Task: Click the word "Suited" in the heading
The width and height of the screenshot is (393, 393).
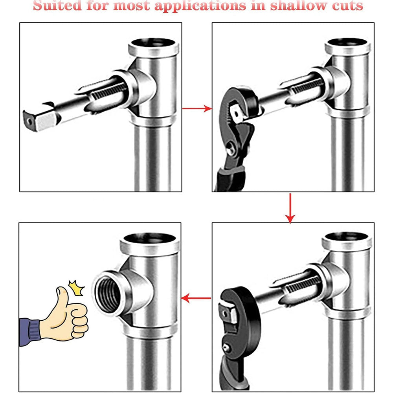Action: coord(57,5)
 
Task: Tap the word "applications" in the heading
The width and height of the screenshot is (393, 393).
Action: coord(200,6)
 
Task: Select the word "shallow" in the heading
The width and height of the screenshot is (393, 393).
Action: coord(299,5)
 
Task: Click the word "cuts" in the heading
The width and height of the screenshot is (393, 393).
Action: coord(348,6)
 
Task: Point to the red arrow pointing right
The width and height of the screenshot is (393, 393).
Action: coord(197,108)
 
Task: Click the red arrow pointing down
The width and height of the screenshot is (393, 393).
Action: coord(290,208)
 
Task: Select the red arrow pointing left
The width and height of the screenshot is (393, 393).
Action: coord(196,298)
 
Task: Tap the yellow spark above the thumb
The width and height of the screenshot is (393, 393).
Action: coord(77,288)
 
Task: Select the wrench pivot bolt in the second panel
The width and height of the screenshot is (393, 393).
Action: coord(231,151)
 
